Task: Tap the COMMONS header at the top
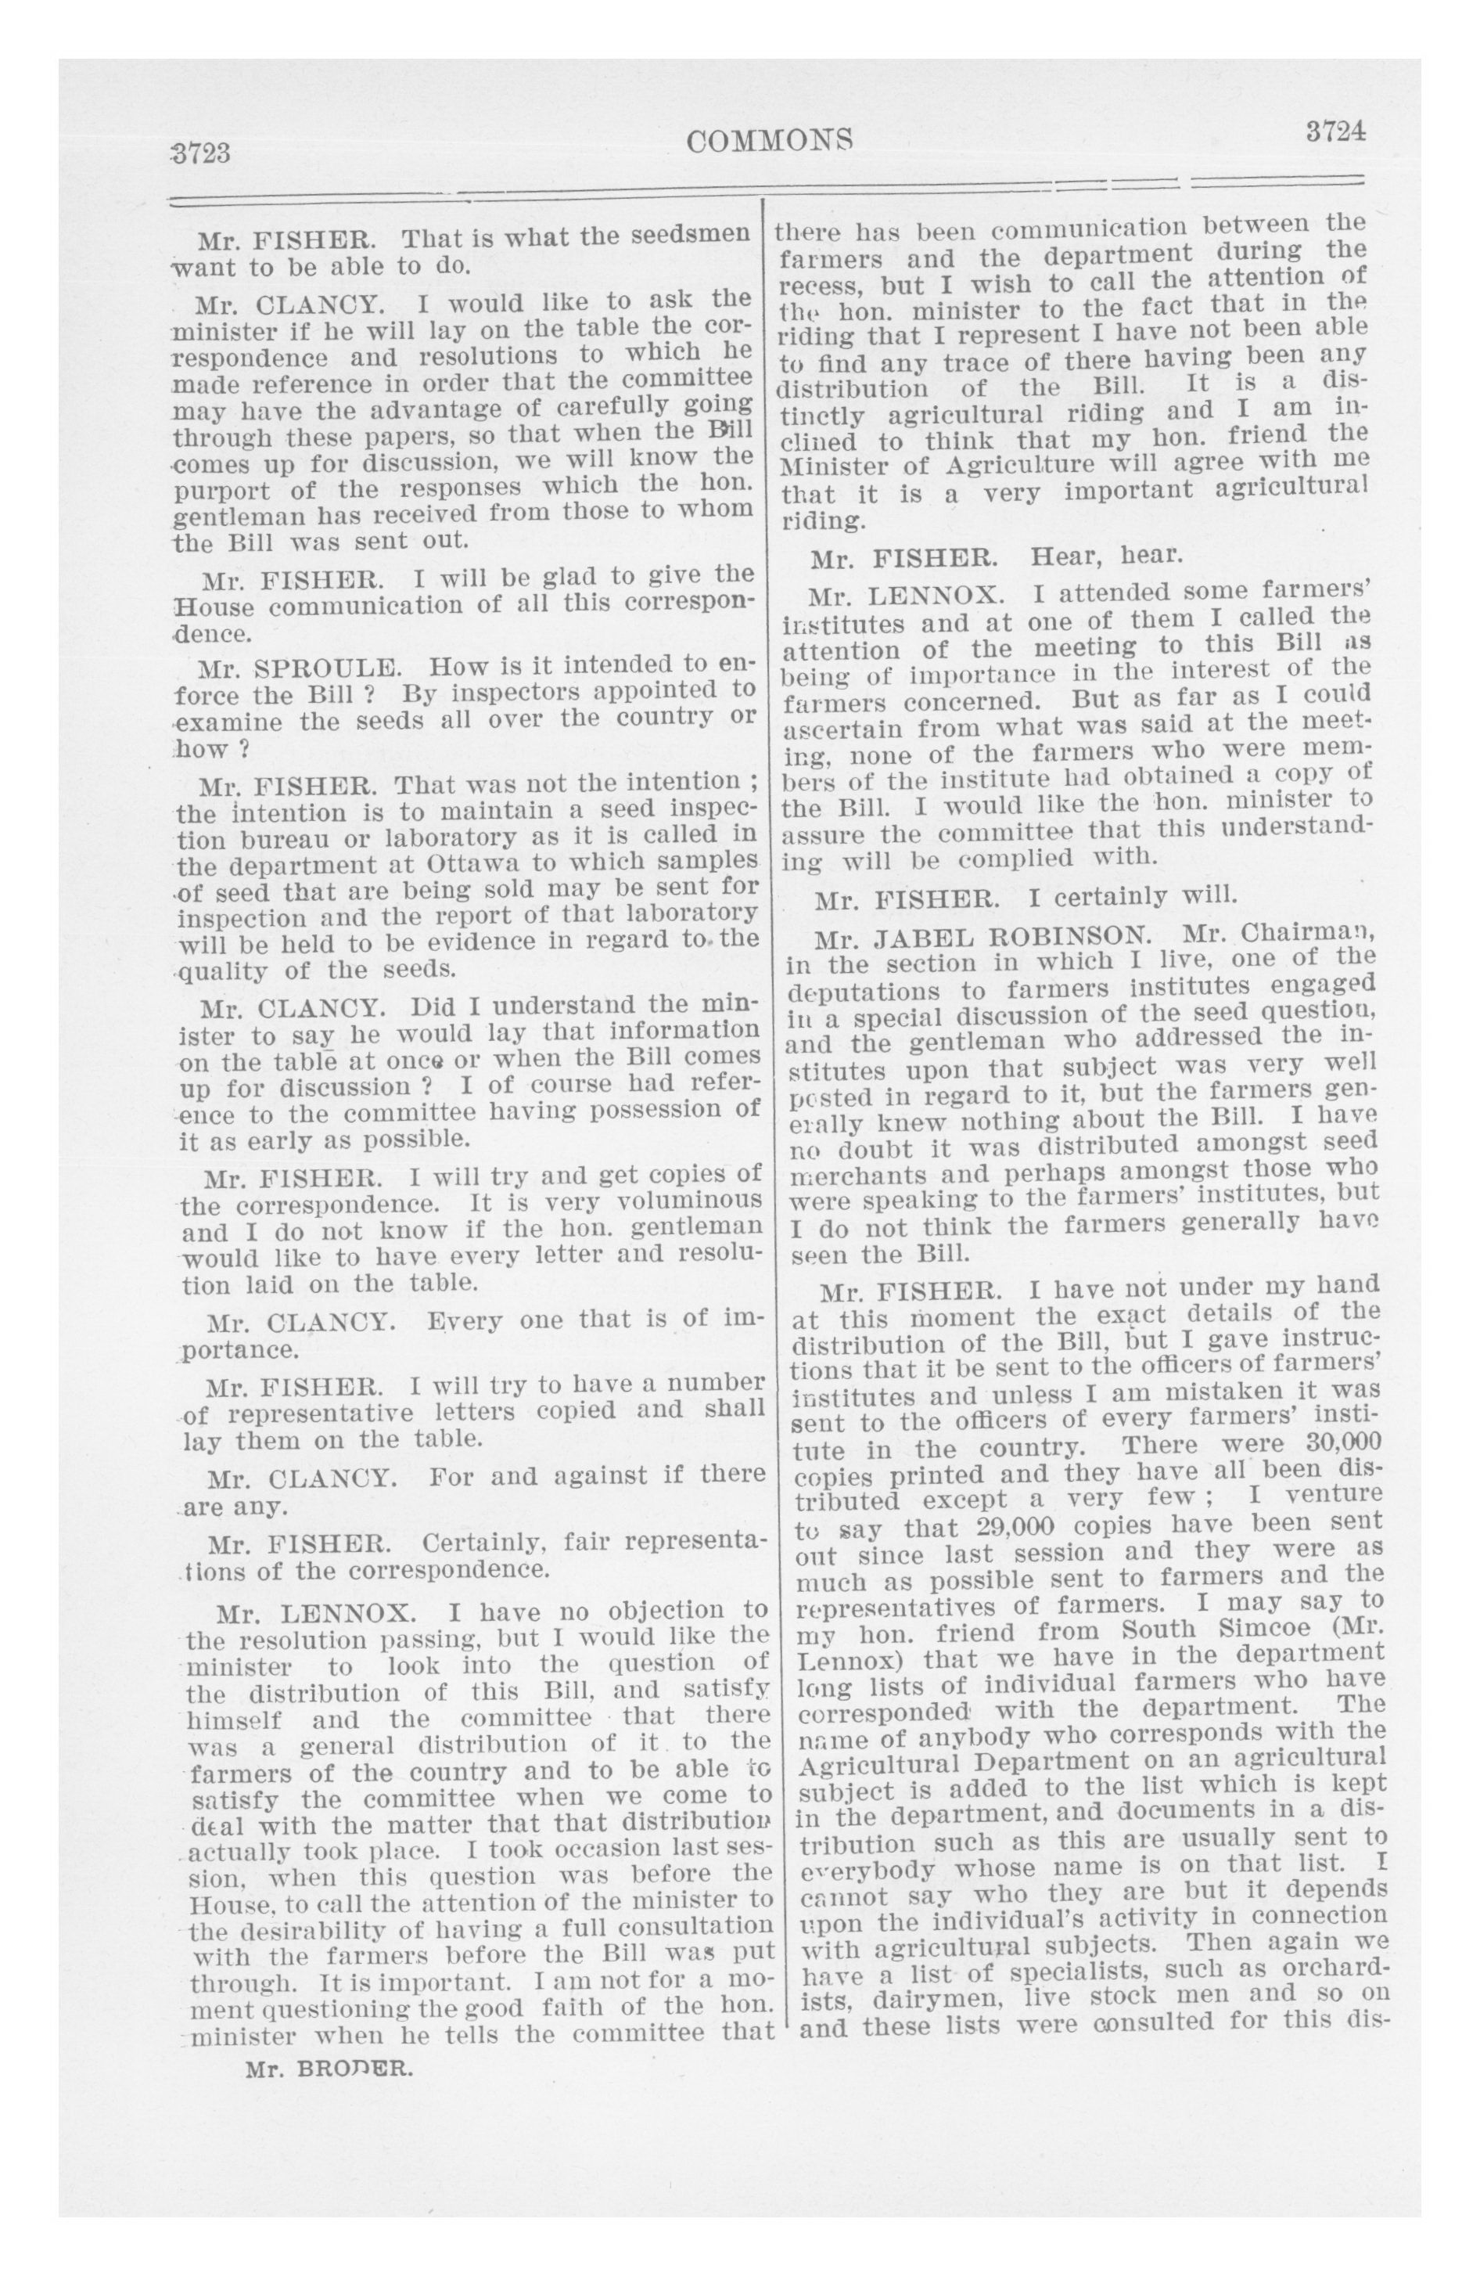click(770, 142)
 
